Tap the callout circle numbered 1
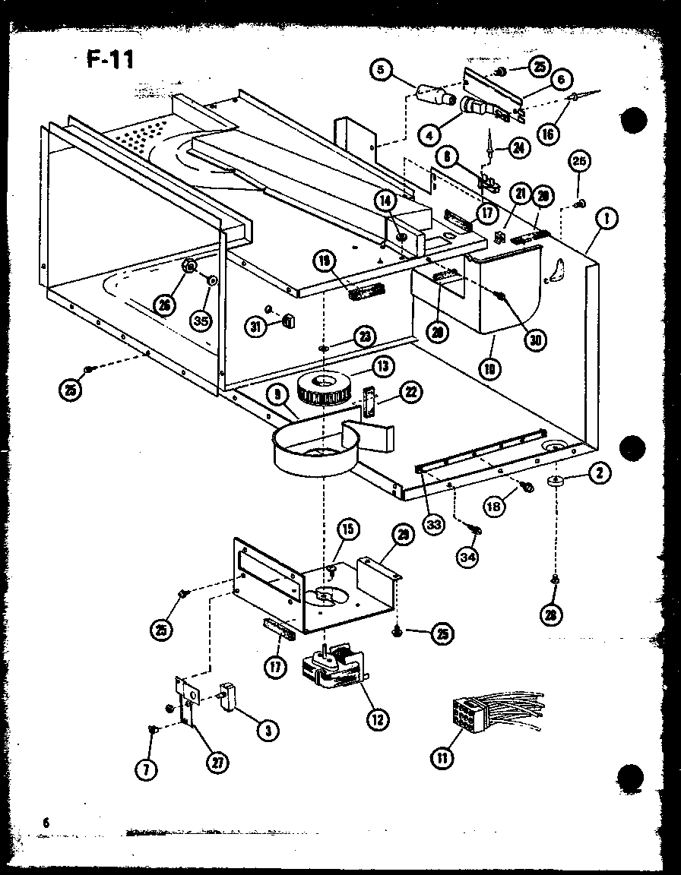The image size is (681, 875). [607, 220]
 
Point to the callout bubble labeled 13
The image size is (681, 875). [382, 367]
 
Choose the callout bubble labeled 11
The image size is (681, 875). [441, 757]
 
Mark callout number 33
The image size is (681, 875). [434, 526]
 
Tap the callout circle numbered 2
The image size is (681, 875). [599, 473]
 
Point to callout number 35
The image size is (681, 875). [200, 321]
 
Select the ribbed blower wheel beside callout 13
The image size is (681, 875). [324, 389]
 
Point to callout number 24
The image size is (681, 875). [518, 148]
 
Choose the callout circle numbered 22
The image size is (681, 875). [411, 392]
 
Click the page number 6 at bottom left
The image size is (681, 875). [46, 822]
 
